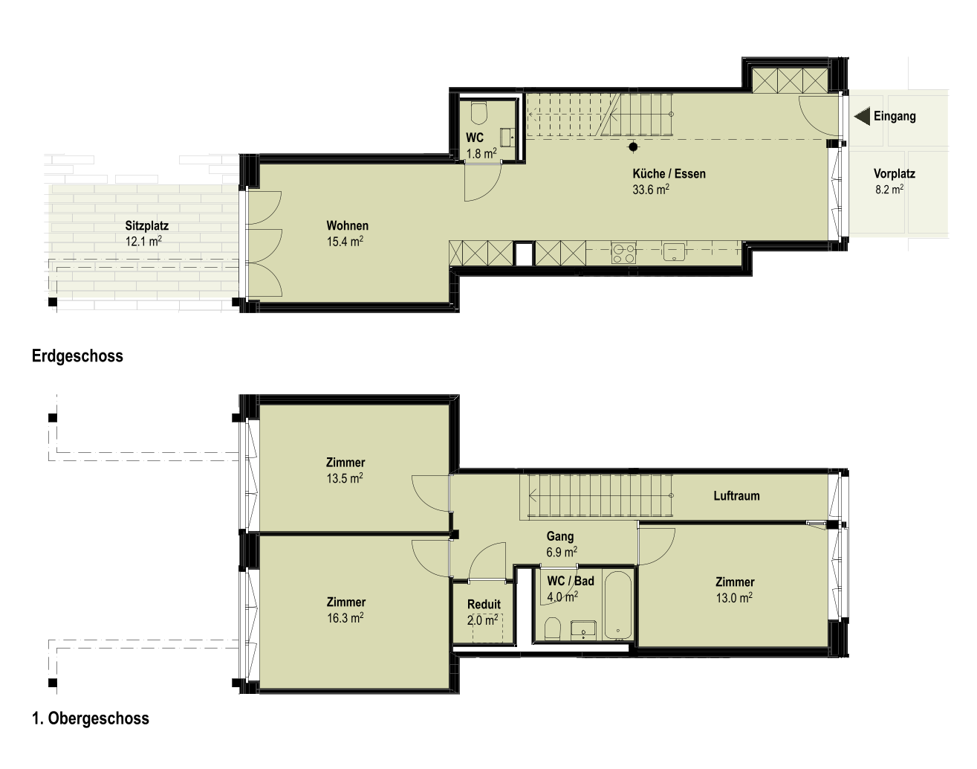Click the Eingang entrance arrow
862,116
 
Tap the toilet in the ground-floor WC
479,113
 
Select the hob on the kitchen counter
623,253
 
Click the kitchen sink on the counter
674,251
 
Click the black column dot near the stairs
633,147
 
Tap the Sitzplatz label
146,226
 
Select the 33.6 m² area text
651,190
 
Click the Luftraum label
736,495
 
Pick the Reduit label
484,605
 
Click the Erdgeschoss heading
77,355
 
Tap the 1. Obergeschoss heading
91,718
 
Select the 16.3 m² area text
345,617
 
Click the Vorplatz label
895,173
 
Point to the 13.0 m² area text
734,598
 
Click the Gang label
559,537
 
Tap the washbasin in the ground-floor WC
507,136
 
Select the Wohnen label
347,226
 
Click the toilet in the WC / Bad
553,628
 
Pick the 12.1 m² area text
143,241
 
